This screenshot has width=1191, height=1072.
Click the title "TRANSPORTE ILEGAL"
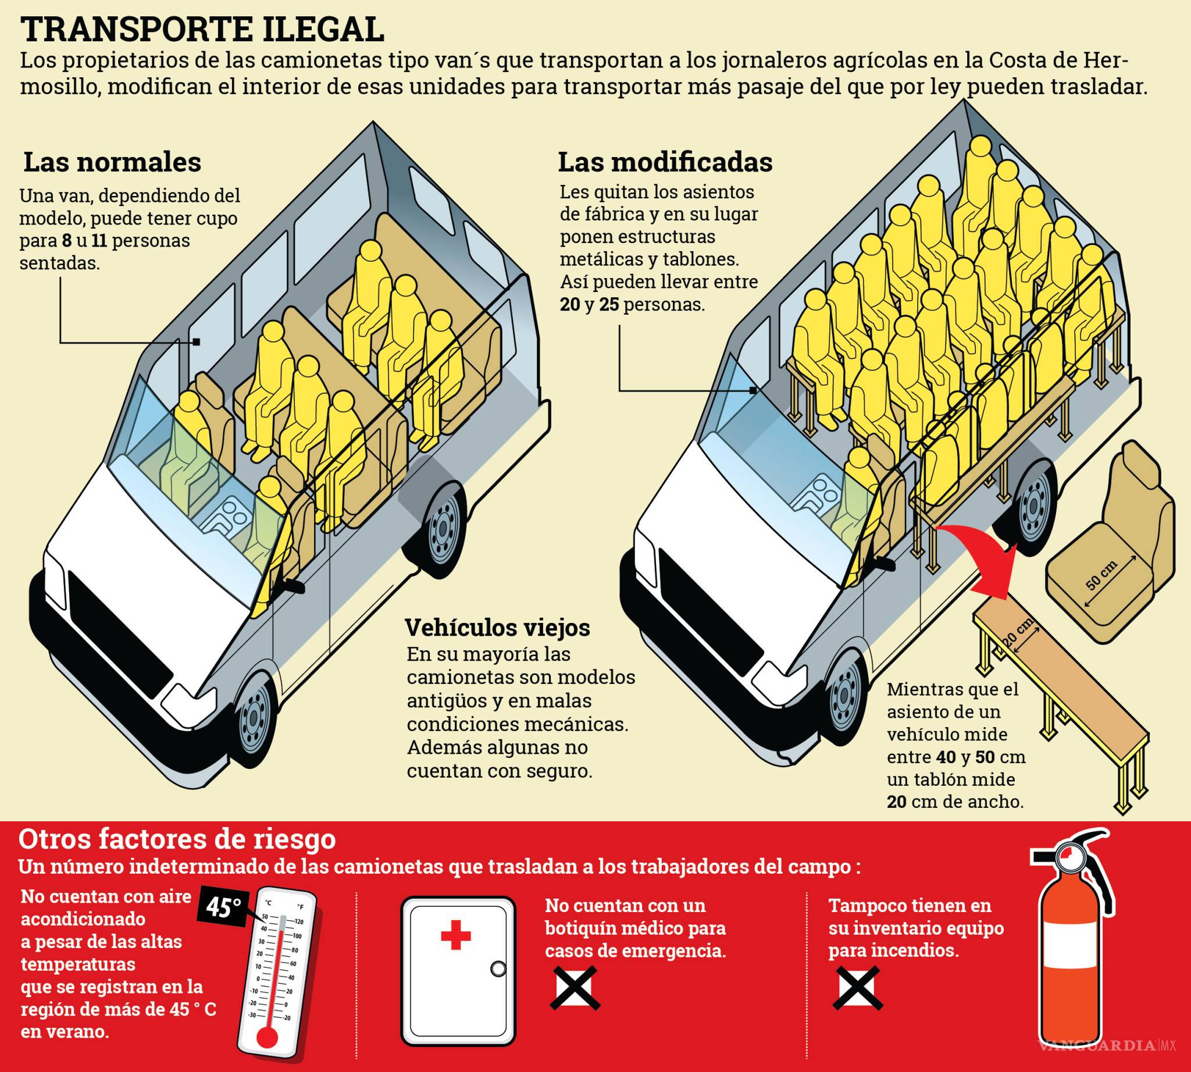[x=202, y=30]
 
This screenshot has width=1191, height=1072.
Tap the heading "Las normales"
[x=112, y=162]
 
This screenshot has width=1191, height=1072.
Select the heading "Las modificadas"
[x=665, y=162]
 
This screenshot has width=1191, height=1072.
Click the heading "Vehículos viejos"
[x=497, y=627]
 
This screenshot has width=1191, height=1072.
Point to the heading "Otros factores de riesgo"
[x=177, y=839]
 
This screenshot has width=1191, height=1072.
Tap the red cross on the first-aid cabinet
[x=455, y=936]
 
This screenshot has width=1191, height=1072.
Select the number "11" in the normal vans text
[x=99, y=240]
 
